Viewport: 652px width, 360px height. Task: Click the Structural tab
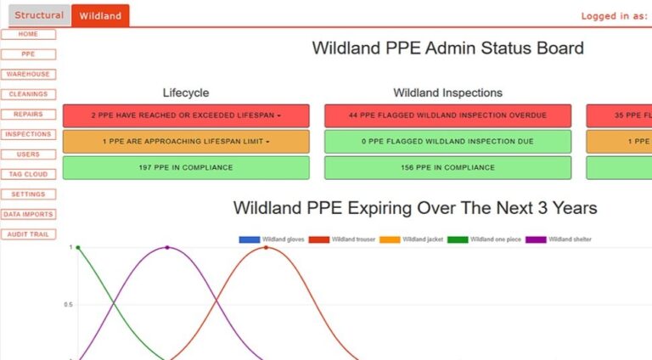coord(39,15)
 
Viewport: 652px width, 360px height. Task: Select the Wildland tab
coord(100,15)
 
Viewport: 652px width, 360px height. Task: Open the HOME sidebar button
coord(28,34)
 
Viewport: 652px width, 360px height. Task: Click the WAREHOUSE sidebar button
coord(28,75)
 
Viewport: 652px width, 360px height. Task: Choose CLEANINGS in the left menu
coord(28,94)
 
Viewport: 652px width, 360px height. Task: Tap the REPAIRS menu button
coord(28,115)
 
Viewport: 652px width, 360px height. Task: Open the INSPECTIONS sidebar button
coord(28,134)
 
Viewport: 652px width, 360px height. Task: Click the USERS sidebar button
coord(28,155)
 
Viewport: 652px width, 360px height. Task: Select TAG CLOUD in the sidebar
coord(28,174)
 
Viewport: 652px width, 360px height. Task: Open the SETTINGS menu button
coord(28,194)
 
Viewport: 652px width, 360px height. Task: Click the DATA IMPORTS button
coord(28,215)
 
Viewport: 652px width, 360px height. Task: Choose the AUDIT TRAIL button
coord(28,234)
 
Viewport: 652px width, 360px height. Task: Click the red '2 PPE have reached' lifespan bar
coord(186,115)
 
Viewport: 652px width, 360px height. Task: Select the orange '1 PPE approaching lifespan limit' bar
coord(186,142)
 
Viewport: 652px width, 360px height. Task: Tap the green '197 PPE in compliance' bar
coord(186,168)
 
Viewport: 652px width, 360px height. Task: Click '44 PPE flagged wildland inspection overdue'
coord(447,115)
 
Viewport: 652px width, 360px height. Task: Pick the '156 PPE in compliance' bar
coord(447,168)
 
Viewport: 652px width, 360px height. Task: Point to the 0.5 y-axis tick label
coord(70,304)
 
